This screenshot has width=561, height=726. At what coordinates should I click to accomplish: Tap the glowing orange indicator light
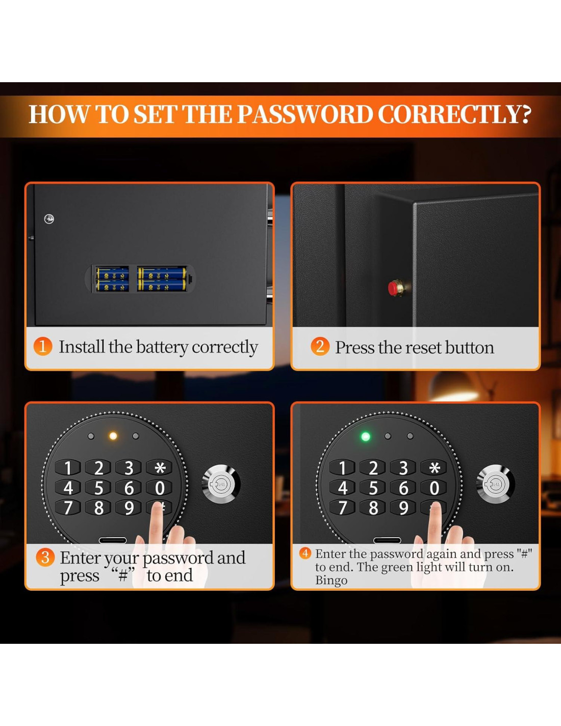pyautogui.click(x=113, y=435)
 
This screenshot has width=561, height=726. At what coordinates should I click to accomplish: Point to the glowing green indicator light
pyautogui.click(x=366, y=437)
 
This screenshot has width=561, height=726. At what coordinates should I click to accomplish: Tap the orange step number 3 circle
pyautogui.click(x=45, y=557)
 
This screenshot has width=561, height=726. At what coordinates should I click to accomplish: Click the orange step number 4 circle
pyautogui.click(x=305, y=553)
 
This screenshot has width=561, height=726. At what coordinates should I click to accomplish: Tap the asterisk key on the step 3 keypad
pyautogui.click(x=160, y=467)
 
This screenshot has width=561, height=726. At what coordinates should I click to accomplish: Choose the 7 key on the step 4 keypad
pyautogui.click(x=342, y=507)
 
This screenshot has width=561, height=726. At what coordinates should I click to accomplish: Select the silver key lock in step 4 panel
pyautogui.click(x=495, y=484)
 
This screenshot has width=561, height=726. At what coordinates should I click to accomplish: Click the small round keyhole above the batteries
pyautogui.click(x=49, y=219)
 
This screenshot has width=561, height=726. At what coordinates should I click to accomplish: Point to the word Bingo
pyautogui.click(x=331, y=580)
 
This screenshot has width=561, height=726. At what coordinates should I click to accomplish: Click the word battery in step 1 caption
pyautogui.click(x=162, y=347)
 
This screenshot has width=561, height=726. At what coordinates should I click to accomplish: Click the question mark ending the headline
pyautogui.click(x=524, y=115)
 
